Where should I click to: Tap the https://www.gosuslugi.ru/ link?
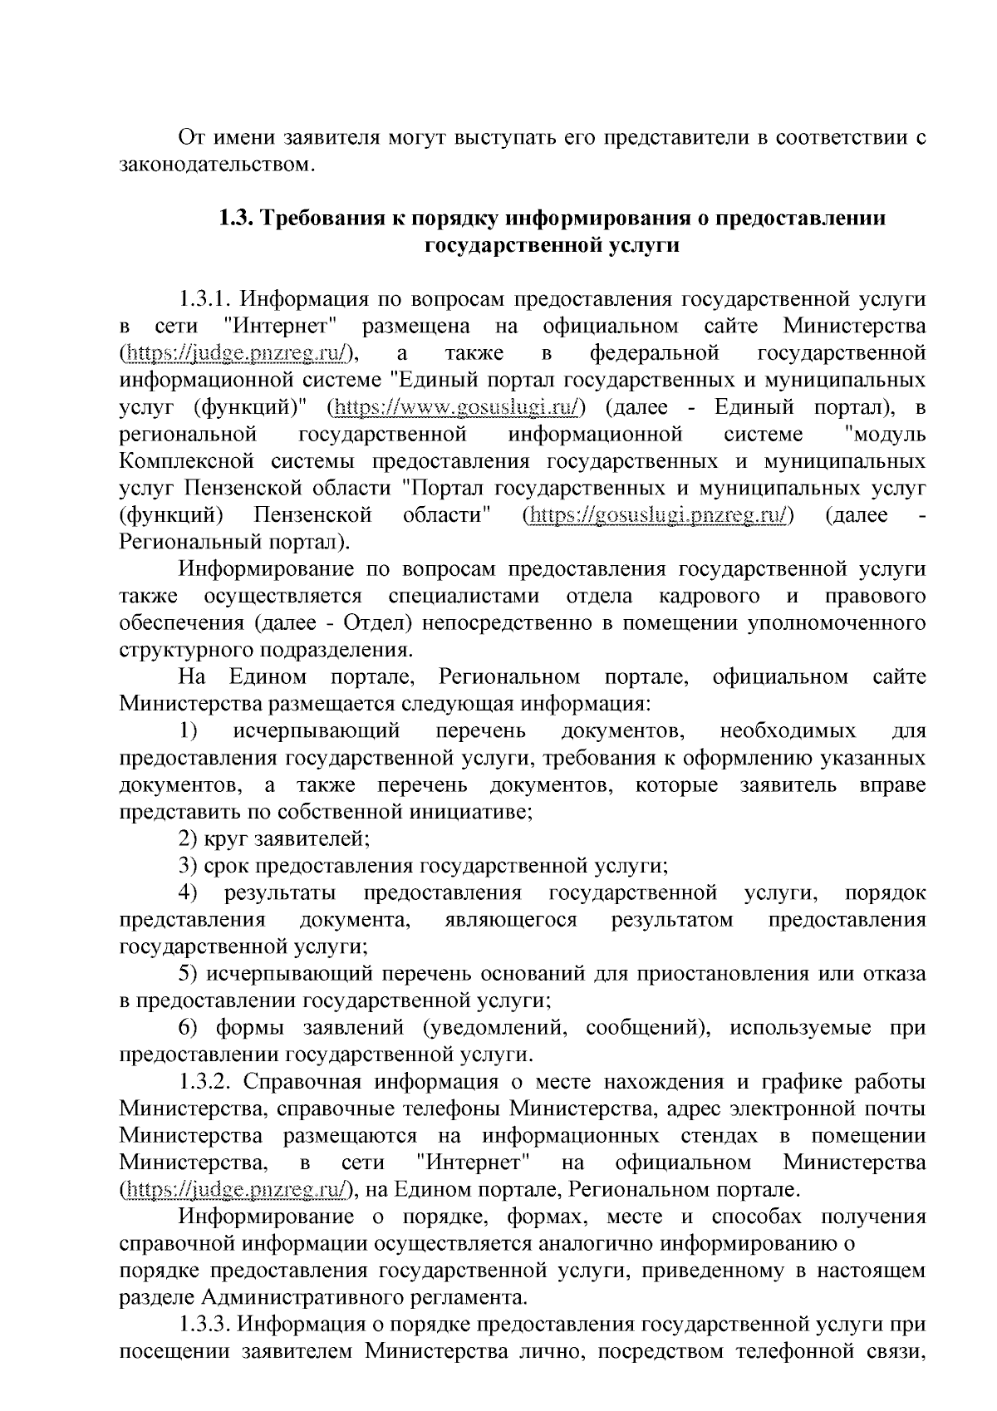pyautogui.click(x=457, y=407)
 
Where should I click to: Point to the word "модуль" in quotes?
pyautogui.click(x=883, y=435)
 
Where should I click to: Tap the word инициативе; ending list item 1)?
pyautogui.click(x=479, y=813)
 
